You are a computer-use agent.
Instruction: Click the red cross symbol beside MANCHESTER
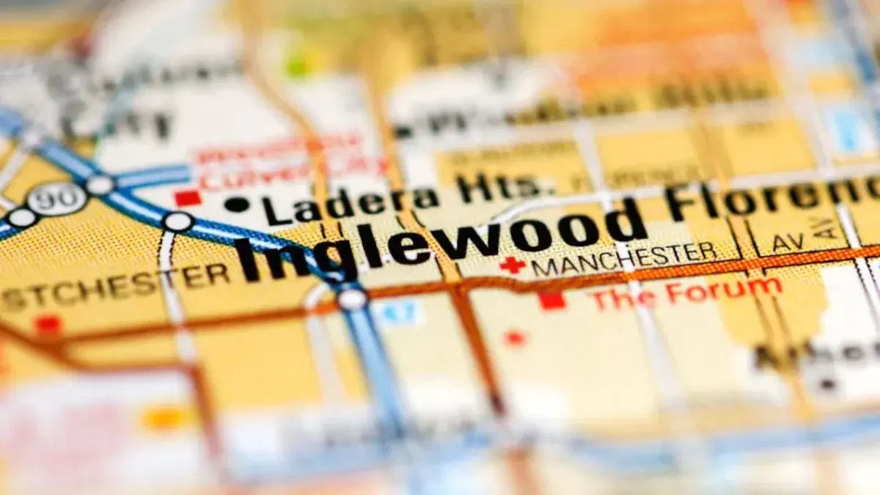click(512, 265)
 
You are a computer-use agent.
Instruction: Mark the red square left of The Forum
click(552, 301)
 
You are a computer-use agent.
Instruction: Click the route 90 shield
click(56, 199)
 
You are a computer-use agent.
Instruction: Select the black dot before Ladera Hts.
click(236, 205)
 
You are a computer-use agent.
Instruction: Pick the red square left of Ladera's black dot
click(188, 198)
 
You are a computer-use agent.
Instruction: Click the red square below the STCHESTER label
click(48, 323)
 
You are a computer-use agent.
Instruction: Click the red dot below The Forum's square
click(515, 337)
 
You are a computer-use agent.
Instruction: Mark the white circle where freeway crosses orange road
click(352, 298)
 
